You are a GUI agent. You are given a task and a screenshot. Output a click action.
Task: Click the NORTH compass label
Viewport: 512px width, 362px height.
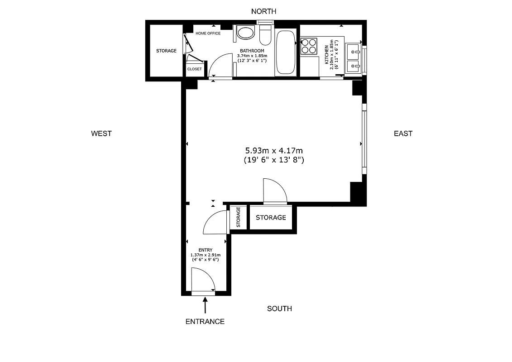[263, 11]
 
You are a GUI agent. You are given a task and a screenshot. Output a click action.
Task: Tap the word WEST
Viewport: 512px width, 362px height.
[101, 133]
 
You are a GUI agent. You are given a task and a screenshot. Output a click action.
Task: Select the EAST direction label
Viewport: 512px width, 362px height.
[403, 133]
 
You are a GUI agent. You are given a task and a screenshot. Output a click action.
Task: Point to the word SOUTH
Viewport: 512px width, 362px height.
[279, 309]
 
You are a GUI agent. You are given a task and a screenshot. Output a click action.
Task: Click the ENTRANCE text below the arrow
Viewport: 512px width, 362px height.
[205, 322]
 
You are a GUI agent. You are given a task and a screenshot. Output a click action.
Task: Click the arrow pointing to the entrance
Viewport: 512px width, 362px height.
[205, 305]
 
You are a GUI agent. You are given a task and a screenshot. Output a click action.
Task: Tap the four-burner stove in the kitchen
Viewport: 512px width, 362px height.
[309, 45]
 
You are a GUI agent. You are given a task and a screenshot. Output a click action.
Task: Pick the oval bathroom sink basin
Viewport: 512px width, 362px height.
[246, 33]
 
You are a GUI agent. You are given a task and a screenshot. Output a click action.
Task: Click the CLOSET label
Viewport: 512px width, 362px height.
[194, 69]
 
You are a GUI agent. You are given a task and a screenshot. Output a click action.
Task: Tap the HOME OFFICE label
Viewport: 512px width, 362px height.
[208, 33]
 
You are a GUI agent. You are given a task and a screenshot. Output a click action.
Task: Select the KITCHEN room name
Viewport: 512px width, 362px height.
[326, 54]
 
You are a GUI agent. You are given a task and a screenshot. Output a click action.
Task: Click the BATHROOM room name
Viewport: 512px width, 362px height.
[252, 51]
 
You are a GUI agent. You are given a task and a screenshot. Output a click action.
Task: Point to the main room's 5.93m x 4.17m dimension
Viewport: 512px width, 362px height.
[273, 150]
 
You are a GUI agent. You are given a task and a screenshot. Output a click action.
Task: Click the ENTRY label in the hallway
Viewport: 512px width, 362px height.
[205, 250]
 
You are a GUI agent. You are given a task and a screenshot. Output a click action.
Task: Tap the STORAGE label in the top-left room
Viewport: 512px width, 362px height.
[166, 51]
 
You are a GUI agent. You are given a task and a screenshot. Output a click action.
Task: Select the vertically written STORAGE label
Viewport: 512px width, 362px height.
[238, 218]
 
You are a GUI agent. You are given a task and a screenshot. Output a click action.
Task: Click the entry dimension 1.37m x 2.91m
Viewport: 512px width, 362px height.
[205, 255]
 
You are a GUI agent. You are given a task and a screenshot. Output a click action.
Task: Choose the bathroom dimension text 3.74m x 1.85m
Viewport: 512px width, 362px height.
[252, 56]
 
